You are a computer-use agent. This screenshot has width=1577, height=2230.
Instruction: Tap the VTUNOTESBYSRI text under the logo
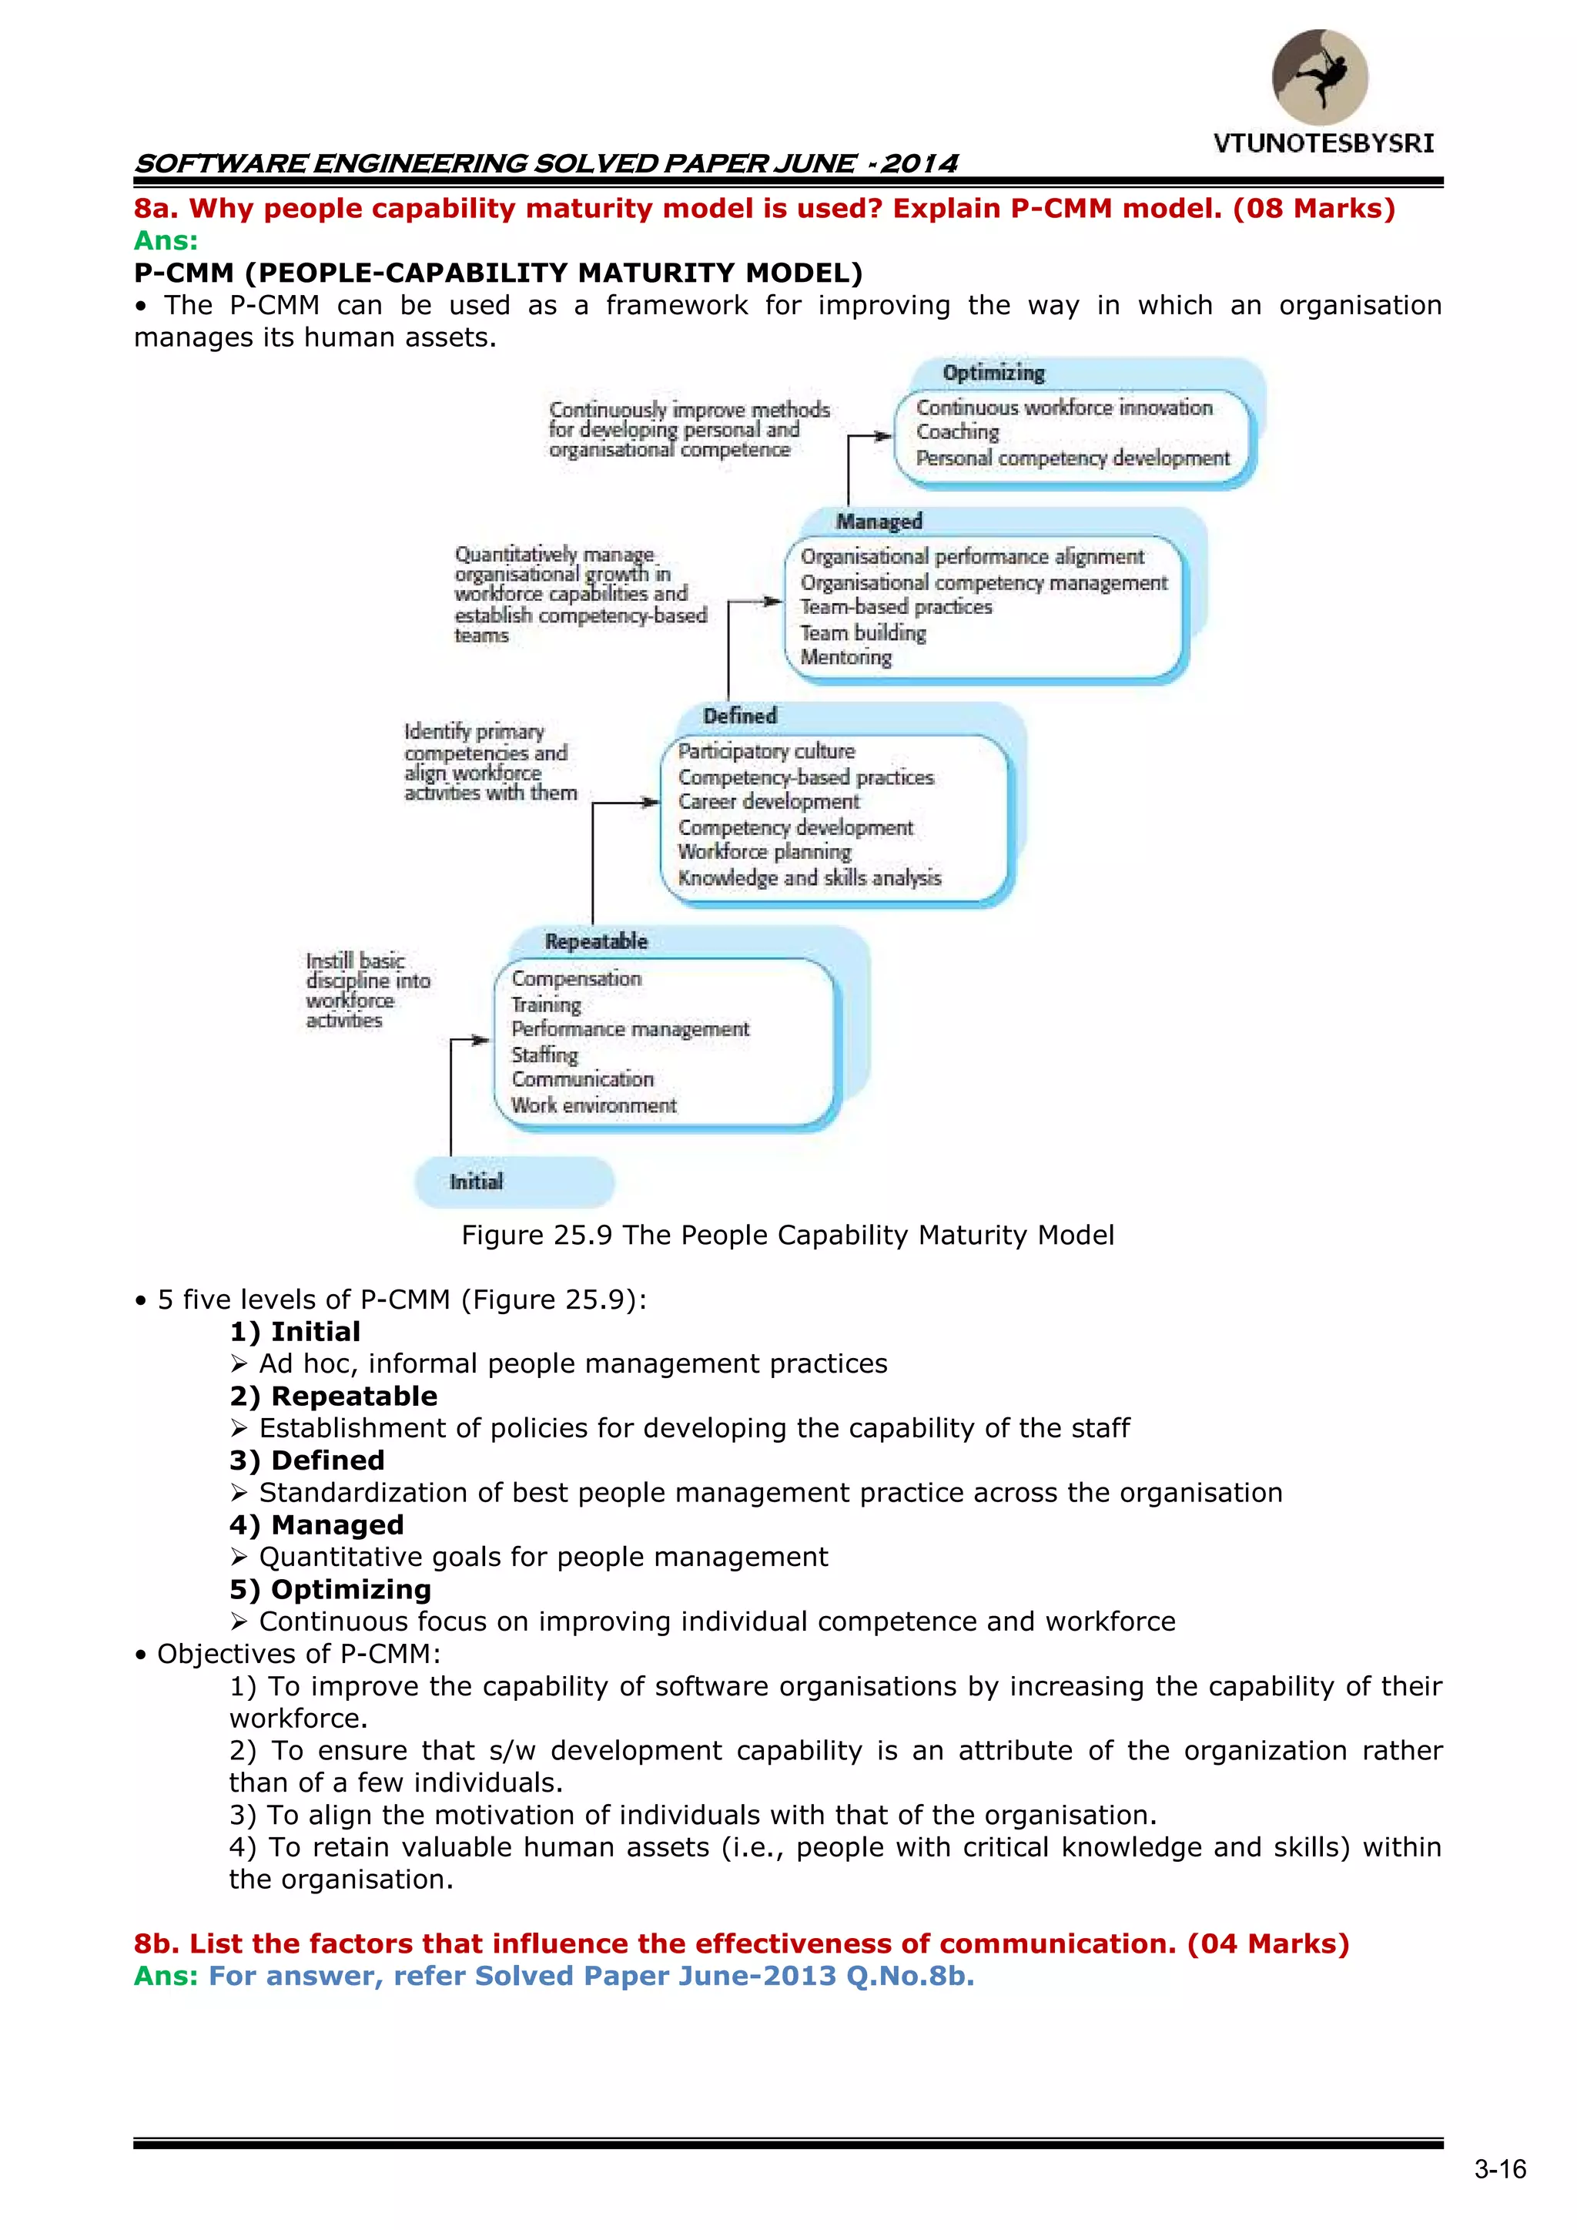click(1323, 144)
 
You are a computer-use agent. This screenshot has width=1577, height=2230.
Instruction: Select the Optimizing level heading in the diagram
click(993, 373)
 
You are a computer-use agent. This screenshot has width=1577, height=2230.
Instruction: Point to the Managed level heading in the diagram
click(879, 521)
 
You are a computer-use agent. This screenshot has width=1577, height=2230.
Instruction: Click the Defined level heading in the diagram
click(740, 716)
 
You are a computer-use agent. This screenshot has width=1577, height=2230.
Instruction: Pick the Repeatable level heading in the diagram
click(595, 941)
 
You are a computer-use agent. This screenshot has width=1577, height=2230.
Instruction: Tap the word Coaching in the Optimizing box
click(957, 432)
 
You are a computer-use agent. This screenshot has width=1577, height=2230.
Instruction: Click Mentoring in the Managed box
click(845, 658)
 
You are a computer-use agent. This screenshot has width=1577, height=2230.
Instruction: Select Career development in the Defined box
click(768, 802)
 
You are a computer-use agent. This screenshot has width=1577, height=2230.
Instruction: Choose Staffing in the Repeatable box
click(544, 1055)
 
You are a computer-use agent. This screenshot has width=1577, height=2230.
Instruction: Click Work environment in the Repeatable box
click(594, 1105)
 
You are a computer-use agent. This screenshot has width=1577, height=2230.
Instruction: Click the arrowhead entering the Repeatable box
click(483, 1040)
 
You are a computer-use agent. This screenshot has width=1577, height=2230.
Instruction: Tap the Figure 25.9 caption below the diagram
click(788, 1236)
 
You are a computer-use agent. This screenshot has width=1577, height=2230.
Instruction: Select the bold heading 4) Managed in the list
click(316, 1525)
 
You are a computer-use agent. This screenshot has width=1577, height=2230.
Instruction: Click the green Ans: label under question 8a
click(165, 241)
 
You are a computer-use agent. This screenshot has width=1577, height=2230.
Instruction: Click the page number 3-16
click(1499, 2170)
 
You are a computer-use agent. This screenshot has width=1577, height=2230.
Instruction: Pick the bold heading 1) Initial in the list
click(295, 1332)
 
